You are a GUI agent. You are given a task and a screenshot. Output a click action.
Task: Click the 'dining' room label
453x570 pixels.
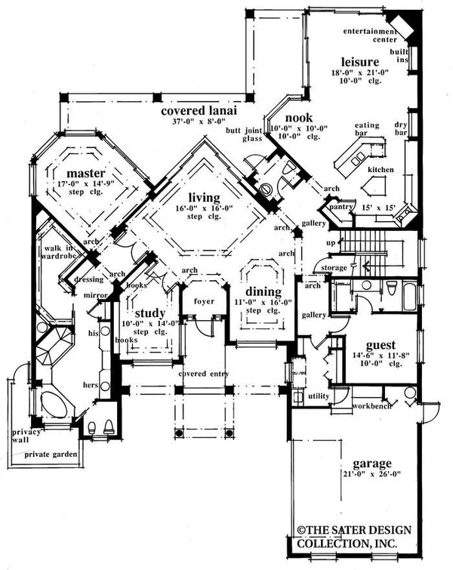[263, 291]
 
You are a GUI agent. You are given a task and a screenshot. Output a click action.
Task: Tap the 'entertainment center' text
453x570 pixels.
[370, 35]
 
